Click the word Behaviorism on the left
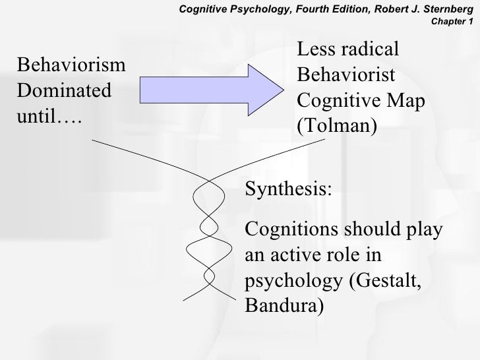pos(72,65)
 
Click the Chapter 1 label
pos(452,20)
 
